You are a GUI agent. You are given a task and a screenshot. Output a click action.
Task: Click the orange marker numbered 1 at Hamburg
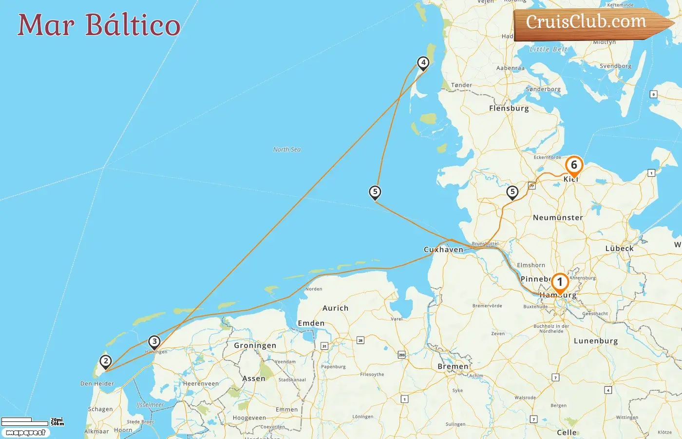[560, 282]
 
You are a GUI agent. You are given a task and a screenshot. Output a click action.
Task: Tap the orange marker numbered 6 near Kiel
[574, 166]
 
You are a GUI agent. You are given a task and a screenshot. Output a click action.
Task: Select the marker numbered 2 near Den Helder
[105, 362]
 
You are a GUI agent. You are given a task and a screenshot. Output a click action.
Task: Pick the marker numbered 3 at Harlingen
[154, 342]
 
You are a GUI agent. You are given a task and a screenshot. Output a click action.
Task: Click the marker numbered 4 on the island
[423, 63]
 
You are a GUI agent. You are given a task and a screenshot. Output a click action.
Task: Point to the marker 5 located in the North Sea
[375, 192]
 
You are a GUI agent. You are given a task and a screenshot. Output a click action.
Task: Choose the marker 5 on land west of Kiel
[512, 192]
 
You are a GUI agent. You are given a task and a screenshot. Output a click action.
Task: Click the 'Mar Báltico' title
[99, 25]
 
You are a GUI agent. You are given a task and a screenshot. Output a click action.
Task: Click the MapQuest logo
[25, 433]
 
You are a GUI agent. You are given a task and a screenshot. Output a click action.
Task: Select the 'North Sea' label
[287, 150]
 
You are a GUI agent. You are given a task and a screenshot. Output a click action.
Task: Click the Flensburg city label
[509, 108]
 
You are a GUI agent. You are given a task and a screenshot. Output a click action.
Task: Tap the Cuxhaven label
[443, 250]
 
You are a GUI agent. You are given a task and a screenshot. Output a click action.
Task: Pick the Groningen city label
[255, 345]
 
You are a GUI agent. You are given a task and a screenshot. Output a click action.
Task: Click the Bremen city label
[453, 366]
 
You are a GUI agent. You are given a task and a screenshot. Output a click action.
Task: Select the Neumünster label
[558, 218]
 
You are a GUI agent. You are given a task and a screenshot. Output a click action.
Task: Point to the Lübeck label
[619, 248]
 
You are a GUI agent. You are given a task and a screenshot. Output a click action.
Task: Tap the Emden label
[311, 323]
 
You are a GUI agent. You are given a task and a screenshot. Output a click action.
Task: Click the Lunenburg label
[595, 341]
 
